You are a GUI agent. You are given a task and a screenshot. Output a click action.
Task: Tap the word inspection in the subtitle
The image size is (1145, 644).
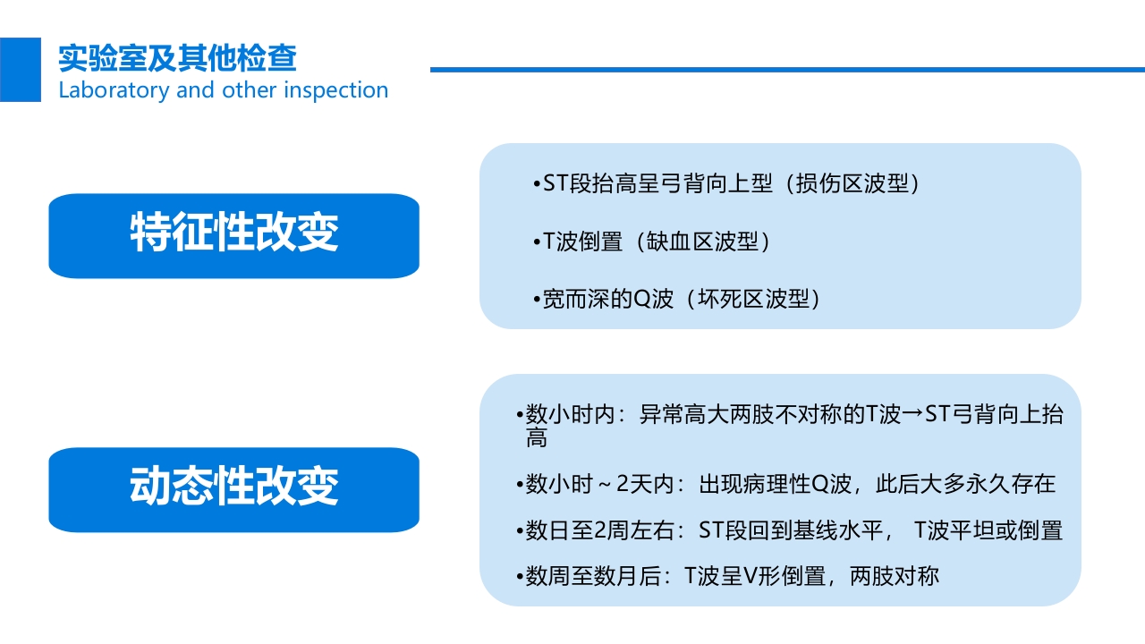click(336, 90)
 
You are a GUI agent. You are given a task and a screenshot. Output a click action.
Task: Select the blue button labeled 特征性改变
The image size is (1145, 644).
click(233, 235)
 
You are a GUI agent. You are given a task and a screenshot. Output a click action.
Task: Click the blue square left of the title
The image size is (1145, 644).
click(20, 70)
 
